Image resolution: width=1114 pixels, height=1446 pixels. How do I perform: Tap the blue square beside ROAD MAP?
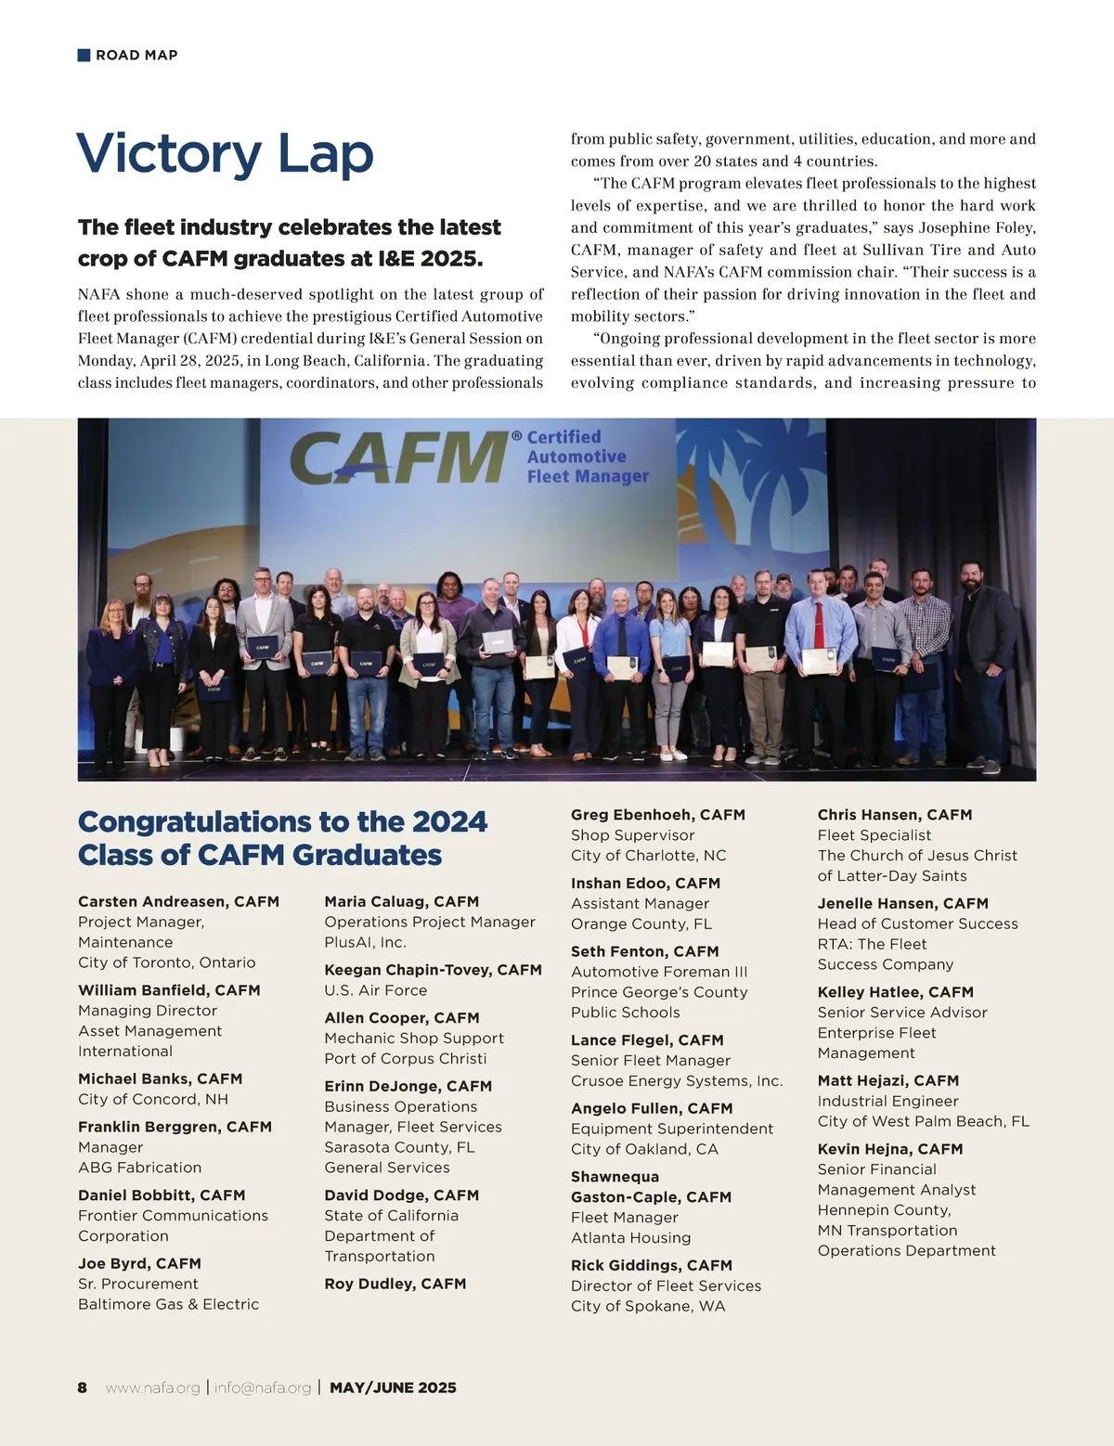coord(84,55)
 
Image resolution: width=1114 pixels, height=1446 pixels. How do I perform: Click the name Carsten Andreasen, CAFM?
coord(178,901)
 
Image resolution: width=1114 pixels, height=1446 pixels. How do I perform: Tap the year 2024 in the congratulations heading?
coord(449,821)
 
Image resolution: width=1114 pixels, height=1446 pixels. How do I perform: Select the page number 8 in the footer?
coord(83,1388)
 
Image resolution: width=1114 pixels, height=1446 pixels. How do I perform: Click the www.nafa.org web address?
coord(152,1388)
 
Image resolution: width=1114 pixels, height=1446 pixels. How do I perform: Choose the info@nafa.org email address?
coord(262,1388)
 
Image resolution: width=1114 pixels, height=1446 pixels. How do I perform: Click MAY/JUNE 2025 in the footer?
coord(393,1388)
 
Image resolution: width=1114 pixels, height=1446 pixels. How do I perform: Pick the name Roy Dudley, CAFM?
coord(395,1284)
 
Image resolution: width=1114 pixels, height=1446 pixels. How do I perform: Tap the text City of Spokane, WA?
coord(648,1306)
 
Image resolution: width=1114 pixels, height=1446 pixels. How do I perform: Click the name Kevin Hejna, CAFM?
coord(889,1149)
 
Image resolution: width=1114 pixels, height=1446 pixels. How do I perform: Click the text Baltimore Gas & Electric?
coord(168,1304)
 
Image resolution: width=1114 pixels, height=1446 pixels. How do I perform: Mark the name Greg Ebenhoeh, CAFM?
coord(657,815)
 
